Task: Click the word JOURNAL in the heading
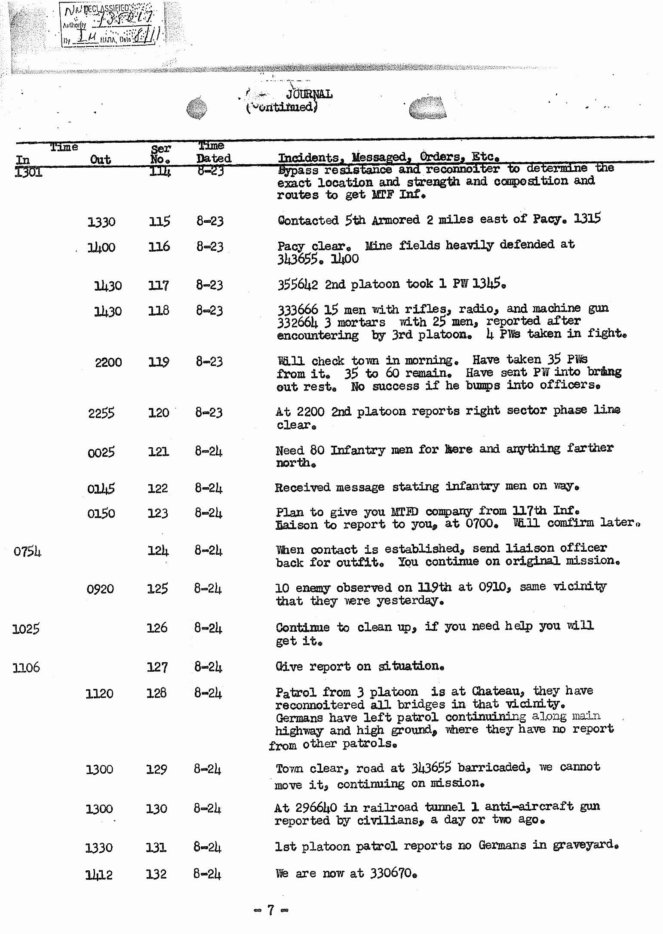coord(309,94)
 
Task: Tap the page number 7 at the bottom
coord(270,909)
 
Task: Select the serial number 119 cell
coord(158,362)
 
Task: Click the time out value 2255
coord(101,413)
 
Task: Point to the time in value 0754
coord(27,551)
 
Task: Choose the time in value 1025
coord(26,629)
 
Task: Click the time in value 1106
coord(26,667)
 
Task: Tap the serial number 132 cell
coord(156,874)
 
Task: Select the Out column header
coord(101,160)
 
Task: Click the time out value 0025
coord(101,452)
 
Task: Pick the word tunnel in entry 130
coord(445,807)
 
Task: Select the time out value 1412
coord(99,874)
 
